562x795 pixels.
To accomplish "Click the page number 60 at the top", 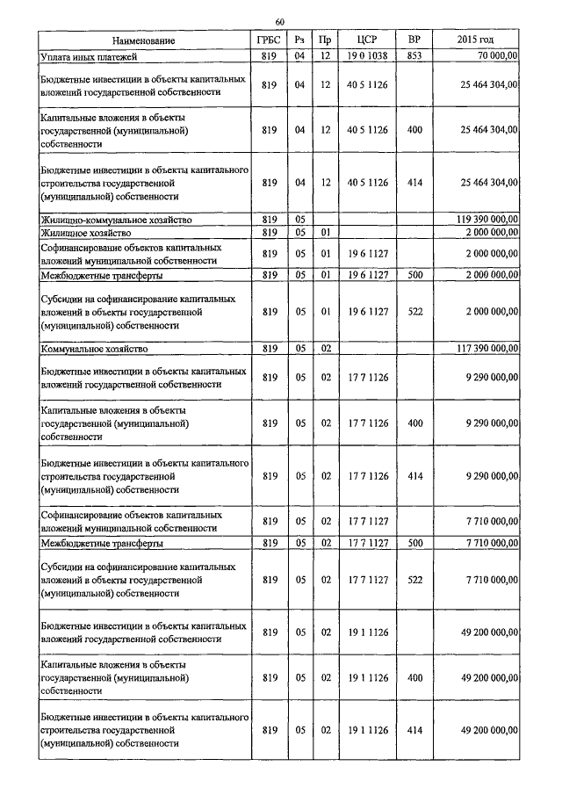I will tap(279, 21).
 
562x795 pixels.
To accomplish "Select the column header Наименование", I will tap(143, 40).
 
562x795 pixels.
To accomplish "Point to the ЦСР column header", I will tap(367, 40).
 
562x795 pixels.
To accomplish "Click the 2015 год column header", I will tap(476, 40).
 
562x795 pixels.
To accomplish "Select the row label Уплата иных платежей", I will tap(82, 56).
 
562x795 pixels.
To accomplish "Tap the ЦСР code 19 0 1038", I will tap(367, 56).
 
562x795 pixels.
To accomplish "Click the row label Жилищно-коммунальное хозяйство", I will tap(128, 219).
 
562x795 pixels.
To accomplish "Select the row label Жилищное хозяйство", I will tap(86, 233).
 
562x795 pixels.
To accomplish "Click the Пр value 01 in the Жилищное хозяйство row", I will tap(325, 233).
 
